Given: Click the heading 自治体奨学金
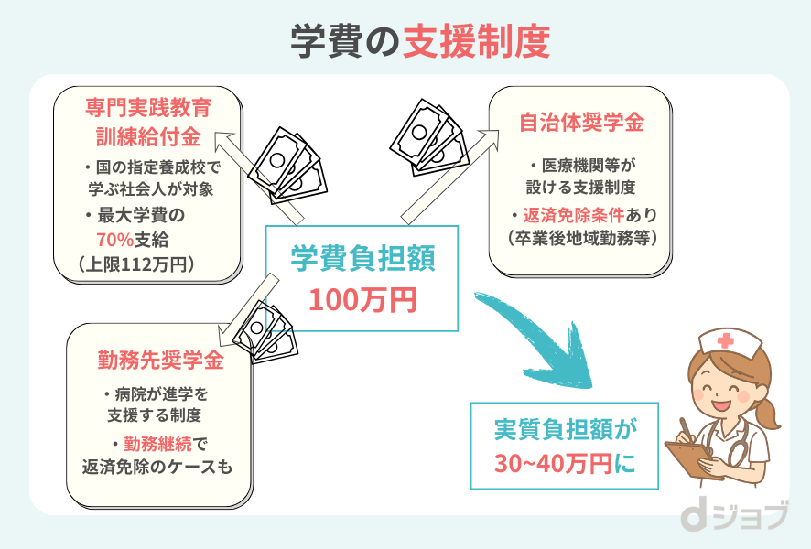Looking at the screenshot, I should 581,122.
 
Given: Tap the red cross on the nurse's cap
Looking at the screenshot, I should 727,341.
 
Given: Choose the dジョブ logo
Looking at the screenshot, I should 733,517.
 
